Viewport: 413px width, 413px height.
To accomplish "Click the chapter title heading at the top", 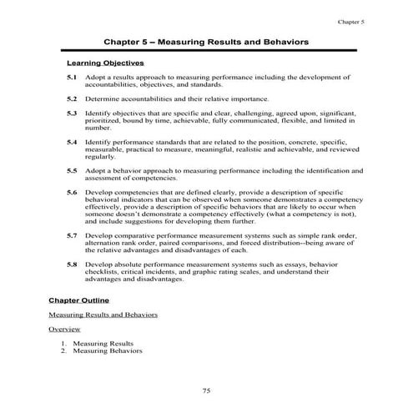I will [x=206, y=40].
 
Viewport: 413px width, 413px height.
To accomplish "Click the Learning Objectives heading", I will [x=105, y=63].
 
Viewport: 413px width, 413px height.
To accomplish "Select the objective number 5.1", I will [x=72, y=77].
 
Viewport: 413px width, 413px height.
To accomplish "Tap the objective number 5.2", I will [x=72, y=98].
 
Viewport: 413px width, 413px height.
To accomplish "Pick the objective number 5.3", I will [x=72, y=112].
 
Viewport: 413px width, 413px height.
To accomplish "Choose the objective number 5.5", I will [x=72, y=170].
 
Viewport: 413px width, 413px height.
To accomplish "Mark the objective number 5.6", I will [x=72, y=191].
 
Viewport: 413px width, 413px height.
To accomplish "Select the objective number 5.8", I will [x=72, y=264].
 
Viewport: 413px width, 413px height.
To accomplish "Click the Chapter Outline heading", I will [x=79, y=300].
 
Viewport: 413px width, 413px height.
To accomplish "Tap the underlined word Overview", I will [x=64, y=329].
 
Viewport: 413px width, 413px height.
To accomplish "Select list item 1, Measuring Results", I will [x=103, y=343].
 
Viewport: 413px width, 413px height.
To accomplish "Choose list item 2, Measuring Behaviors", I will [x=107, y=351].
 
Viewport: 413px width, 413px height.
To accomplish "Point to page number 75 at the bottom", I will [x=206, y=390].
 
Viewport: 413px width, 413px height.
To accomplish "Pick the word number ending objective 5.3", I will [x=98, y=127].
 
